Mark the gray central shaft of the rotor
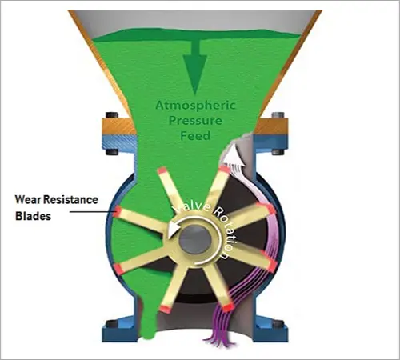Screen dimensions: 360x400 coord(194,239)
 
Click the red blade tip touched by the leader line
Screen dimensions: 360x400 coord(118,211)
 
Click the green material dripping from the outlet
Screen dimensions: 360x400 coord(150,328)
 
